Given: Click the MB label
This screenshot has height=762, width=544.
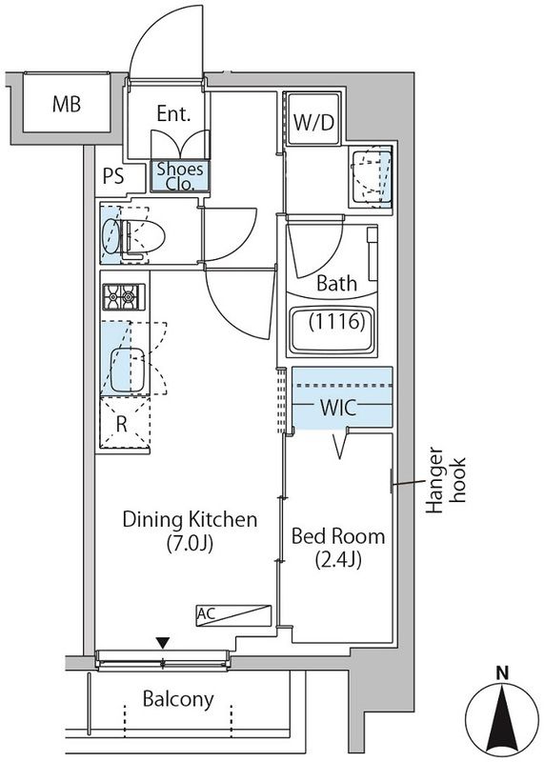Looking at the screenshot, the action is coord(67,104).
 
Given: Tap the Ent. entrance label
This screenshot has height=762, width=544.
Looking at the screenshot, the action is coord(173,113).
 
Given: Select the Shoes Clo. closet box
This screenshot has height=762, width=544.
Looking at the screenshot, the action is coord(180,176).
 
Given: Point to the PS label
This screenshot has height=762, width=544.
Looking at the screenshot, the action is coord(113,176).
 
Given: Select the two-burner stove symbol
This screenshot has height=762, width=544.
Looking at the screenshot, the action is coord(124,296).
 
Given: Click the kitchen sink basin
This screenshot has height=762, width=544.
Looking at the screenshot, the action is coord(128,370).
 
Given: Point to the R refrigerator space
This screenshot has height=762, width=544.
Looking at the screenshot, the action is coord(124,423).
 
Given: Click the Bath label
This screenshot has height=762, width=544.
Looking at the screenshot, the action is coord(336,283).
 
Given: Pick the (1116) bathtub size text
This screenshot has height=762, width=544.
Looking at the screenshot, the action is coord(337,322).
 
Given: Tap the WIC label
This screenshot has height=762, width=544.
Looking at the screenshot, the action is coord(338,409).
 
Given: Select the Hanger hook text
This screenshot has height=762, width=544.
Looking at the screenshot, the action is coord(446,480).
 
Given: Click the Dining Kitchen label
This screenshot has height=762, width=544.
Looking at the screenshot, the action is coord(190,519).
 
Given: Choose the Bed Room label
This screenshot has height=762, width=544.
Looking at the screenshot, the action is coord(338,536).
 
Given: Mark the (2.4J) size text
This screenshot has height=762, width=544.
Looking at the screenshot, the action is coord(338,560).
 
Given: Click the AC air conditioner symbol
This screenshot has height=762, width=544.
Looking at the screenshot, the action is coord(233,615).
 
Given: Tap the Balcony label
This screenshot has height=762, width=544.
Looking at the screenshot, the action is coord(178,699).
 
